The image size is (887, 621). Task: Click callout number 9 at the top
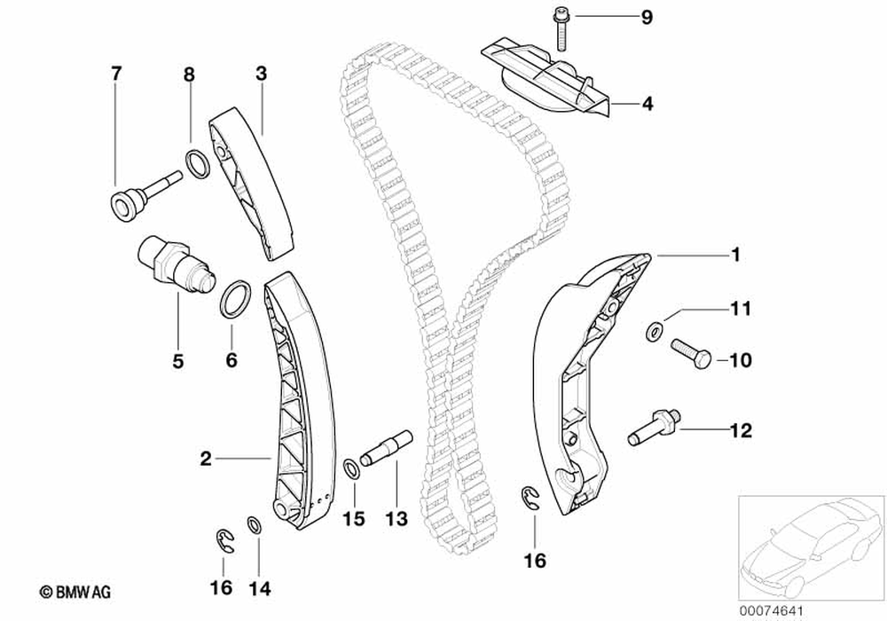click(x=647, y=16)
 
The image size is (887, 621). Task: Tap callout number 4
click(x=647, y=105)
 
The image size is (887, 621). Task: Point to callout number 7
click(x=114, y=73)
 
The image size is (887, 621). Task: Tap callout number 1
click(x=735, y=256)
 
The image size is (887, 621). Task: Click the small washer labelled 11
click(x=655, y=332)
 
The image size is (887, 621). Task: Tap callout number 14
click(x=259, y=587)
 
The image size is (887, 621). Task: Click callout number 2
click(x=205, y=459)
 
